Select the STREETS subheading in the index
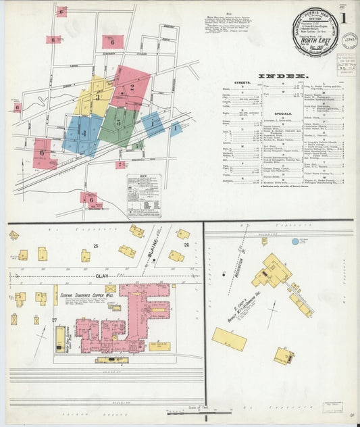coord(240,83)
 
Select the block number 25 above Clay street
coord(95,245)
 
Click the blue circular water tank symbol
coord(295,241)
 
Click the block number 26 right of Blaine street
coord(186,245)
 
